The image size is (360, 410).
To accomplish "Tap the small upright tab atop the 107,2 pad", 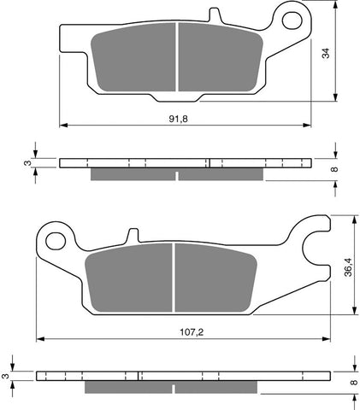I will click(133, 236).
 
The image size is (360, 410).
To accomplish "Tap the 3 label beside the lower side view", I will click(6, 373).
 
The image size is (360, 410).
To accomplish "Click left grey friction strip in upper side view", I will click(133, 174).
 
